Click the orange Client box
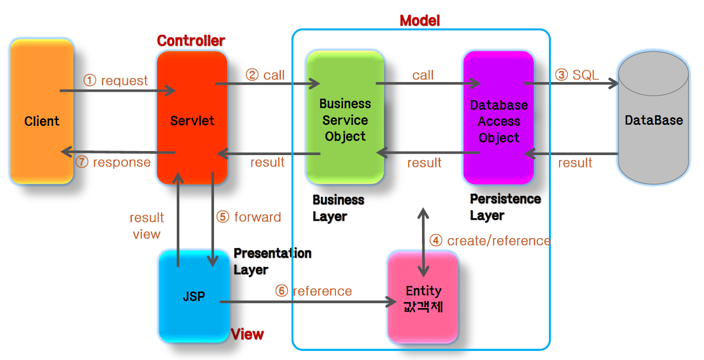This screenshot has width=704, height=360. (42, 112)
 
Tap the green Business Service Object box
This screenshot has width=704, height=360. (345, 117)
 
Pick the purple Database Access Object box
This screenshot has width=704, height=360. (499, 118)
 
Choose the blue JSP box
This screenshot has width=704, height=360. (194, 297)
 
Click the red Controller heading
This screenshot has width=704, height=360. (191, 40)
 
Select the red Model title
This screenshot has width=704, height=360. (419, 21)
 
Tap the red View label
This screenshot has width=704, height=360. (247, 334)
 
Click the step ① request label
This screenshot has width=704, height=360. (116, 81)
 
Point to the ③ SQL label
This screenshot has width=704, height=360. (577, 75)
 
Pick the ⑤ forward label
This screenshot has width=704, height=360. (249, 217)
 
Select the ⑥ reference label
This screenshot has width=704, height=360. (313, 291)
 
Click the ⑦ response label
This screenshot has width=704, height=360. (113, 162)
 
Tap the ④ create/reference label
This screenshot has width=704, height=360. (489, 241)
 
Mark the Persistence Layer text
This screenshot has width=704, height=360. (505, 207)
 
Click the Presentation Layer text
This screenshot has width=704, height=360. (272, 261)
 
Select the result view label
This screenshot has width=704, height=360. (147, 226)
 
